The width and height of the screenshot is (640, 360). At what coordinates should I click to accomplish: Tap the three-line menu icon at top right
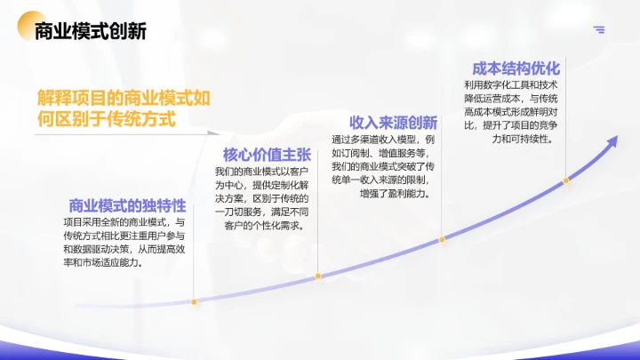coord(599,29)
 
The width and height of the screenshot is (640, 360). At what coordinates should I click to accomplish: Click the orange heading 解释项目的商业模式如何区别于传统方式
coord(124,108)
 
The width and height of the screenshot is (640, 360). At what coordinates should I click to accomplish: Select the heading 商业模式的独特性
coord(126,204)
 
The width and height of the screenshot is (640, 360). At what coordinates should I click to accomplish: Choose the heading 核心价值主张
coord(266,154)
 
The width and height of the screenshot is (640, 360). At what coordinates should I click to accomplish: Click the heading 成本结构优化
coord(516,68)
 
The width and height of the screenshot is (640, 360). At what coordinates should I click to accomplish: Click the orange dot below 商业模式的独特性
coord(193,302)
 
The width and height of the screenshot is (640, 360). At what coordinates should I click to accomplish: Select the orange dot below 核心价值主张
coord(317,277)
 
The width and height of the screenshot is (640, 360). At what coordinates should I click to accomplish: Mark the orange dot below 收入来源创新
coord(442,240)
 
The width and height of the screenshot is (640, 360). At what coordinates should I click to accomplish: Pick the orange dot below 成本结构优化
coord(565,181)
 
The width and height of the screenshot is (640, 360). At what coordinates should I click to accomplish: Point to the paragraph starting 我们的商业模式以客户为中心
coord(262,198)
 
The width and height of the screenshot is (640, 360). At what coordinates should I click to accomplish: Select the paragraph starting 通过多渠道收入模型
coord(383,166)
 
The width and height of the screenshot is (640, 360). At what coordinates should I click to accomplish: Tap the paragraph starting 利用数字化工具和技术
coord(511,112)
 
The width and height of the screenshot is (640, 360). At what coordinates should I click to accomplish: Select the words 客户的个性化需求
coord(265,225)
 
